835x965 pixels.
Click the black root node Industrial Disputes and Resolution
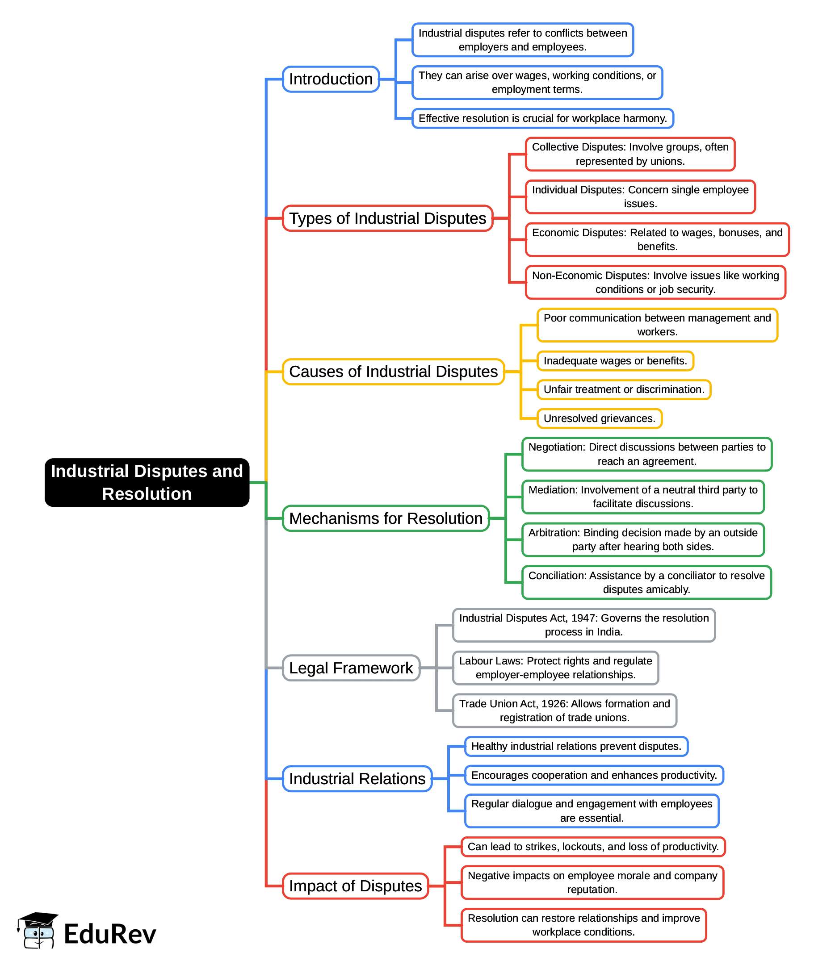pos(147,482)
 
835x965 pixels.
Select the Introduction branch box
pos(331,79)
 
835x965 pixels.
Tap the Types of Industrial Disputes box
pos(387,218)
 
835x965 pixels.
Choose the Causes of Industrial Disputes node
pos(393,371)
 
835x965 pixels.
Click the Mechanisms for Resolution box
pos(386,518)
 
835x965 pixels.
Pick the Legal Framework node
pos(351,668)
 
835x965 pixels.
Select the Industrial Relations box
pos(357,778)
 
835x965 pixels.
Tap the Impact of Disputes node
pos(355,886)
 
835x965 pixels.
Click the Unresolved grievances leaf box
pos(599,418)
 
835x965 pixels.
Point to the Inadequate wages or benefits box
pos(615,361)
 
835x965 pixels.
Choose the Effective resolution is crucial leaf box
pos(542,118)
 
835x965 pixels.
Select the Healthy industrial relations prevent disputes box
pos(576,746)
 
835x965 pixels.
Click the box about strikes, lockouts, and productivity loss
pos(593,847)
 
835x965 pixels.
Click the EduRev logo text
pos(110,934)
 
